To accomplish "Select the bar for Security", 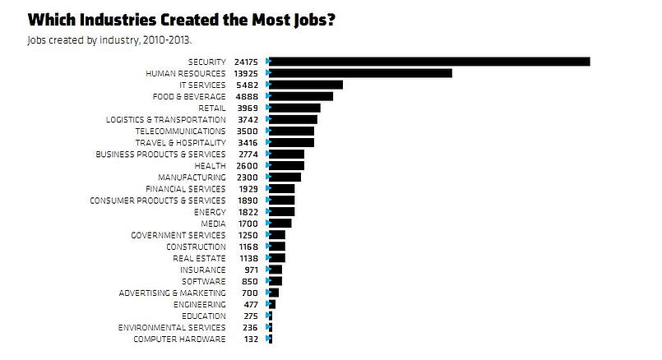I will point(429,62).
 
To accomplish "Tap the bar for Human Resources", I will point(360,73).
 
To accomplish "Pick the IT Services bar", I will point(306,85).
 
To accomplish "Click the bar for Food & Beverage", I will point(301,96).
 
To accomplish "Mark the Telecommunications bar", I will point(292,131).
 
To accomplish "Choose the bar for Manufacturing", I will point(285,177).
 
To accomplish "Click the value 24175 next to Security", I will point(247,62).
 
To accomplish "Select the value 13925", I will point(247,73).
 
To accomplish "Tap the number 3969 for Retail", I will point(249,108).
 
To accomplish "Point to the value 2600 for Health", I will point(249,165).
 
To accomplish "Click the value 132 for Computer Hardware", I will point(252,339).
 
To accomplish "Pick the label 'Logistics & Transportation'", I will point(166,119).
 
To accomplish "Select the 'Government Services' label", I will point(178,235).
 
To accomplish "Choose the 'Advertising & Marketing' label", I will point(172,293).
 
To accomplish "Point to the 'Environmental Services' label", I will point(172,327).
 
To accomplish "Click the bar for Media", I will point(280,224).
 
